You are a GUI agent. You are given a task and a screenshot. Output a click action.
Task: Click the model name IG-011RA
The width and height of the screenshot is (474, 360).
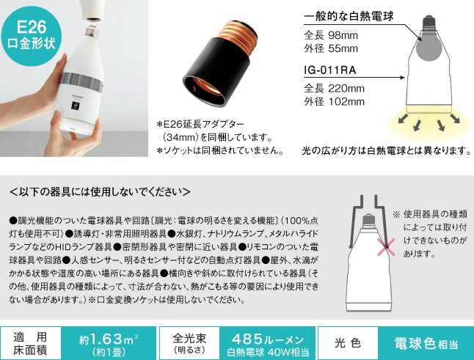pos(331,72)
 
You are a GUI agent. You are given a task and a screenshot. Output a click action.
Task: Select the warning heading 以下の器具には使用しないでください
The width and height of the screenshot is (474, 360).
pos(100,193)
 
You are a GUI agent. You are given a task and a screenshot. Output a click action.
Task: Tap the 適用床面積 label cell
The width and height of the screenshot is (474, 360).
pos(31,342)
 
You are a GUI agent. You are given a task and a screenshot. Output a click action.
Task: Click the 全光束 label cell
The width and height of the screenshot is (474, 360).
pos(189,342)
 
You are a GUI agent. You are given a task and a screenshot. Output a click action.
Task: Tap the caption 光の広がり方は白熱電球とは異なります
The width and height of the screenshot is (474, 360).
pos(385,151)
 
